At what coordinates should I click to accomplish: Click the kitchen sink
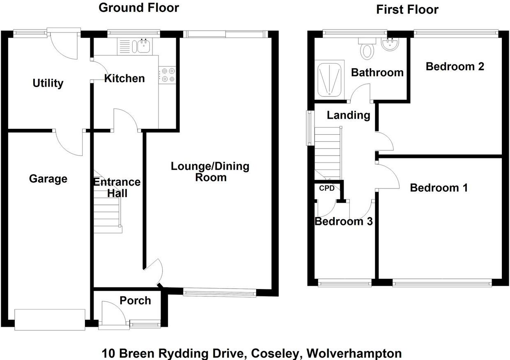click(143, 46)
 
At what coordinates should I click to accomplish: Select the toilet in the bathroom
click(367, 49)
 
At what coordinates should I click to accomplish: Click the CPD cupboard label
click(327, 188)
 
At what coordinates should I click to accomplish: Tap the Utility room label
click(48, 83)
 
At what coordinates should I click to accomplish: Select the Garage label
click(48, 179)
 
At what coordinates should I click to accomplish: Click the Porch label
click(135, 300)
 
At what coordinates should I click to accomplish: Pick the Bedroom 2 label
click(455, 66)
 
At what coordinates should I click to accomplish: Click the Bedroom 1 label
click(439, 188)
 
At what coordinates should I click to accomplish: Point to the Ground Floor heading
click(139, 7)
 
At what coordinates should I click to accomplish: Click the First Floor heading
click(407, 9)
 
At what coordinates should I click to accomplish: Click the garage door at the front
click(50, 319)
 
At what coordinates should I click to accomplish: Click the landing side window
click(308, 128)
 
